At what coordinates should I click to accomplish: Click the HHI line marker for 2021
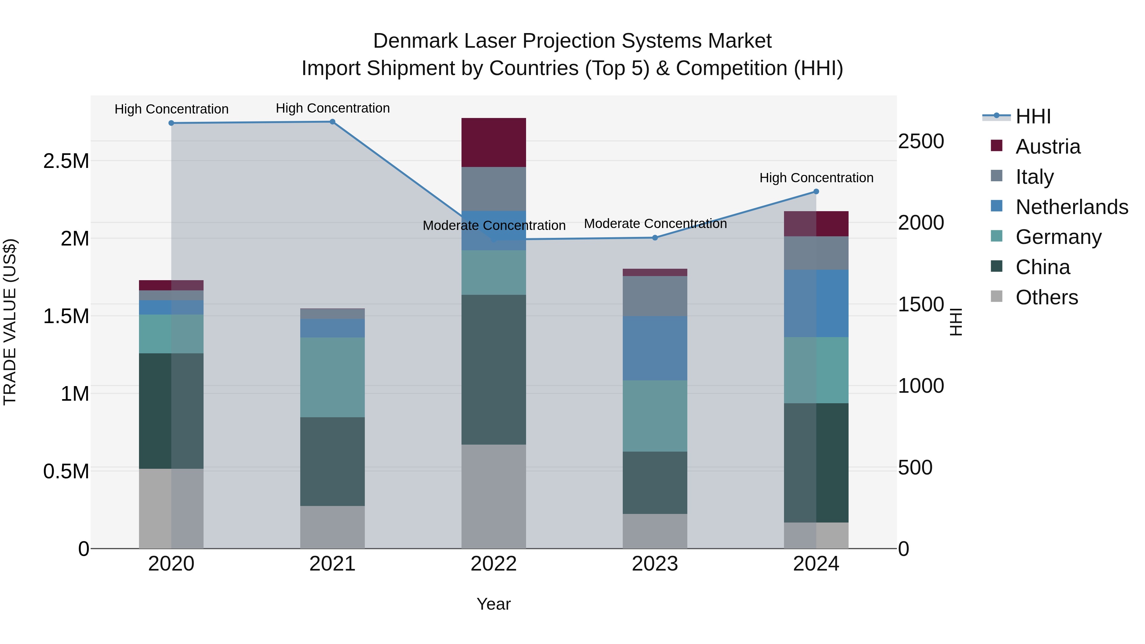pos(332,122)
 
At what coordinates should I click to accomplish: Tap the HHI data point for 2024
pos(816,191)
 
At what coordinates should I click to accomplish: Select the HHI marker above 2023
pos(655,238)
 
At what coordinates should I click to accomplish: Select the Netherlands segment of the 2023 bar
pos(655,349)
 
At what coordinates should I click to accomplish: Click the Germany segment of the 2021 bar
pos(332,377)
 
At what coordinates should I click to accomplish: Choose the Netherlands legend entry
pos(1072,207)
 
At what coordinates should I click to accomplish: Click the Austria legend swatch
pos(997,146)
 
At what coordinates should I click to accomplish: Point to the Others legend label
pos(1047,297)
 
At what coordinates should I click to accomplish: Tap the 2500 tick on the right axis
pos(921,141)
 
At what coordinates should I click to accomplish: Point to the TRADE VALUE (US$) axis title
pos(10,322)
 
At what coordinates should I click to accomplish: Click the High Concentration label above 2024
pos(816,178)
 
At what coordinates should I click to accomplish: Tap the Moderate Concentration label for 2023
pos(655,224)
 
